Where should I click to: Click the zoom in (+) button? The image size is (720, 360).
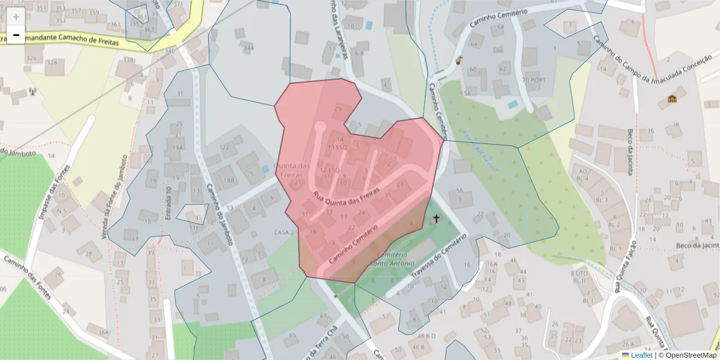click(16, 17)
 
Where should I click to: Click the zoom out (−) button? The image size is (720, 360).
click(16, 35)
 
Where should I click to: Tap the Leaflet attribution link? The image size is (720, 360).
click(641, 355)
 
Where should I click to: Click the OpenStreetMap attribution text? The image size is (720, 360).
click(690, 355)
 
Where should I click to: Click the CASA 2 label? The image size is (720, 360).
click(283, 232)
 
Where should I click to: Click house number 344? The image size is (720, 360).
click(248, 47)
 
